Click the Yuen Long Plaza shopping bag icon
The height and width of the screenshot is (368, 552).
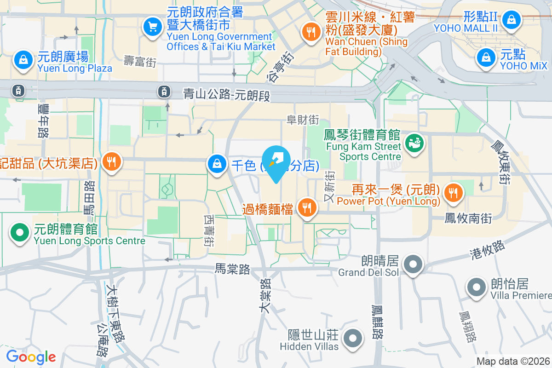click(22, 60)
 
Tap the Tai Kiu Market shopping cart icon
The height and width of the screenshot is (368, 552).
click(152, 27)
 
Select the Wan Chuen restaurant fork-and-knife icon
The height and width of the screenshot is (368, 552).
click(311, 31)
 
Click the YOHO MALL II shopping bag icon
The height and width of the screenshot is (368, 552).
click(511, 19)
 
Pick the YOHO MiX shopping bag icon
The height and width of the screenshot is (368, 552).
click(486, 58)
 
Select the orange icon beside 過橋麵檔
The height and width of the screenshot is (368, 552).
click(306, 208)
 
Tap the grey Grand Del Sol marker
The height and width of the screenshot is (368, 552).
click(413, 264)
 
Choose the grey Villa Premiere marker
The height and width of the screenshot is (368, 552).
click(477, 288)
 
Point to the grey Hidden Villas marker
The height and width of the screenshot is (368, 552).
click(353, 338)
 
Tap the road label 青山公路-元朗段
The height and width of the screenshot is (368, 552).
click(225, 95)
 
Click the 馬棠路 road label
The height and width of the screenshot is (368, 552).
click(232, 269)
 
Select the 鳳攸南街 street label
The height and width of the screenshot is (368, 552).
click(468, 218)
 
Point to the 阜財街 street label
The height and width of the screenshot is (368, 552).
click(303, 120)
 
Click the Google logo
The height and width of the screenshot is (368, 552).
click(31, 357)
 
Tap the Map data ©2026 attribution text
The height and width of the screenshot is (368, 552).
click(513, 362)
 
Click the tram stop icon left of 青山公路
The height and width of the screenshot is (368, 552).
click(164, 92)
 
